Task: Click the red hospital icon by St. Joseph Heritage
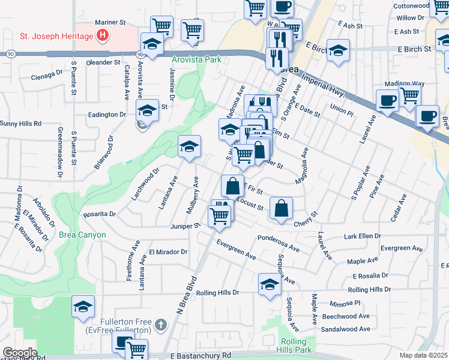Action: [103, 36]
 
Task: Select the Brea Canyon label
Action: [82, 235]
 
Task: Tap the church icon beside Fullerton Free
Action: [160, 325]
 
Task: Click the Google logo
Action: [20, 352]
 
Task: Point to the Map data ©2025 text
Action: [423, 355]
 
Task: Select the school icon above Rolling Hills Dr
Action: [270, 284]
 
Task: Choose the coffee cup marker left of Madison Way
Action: [387, 100]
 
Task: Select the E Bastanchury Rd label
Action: [200, 356]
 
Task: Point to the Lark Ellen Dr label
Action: [364, 236]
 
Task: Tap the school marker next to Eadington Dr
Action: [147, 110]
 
